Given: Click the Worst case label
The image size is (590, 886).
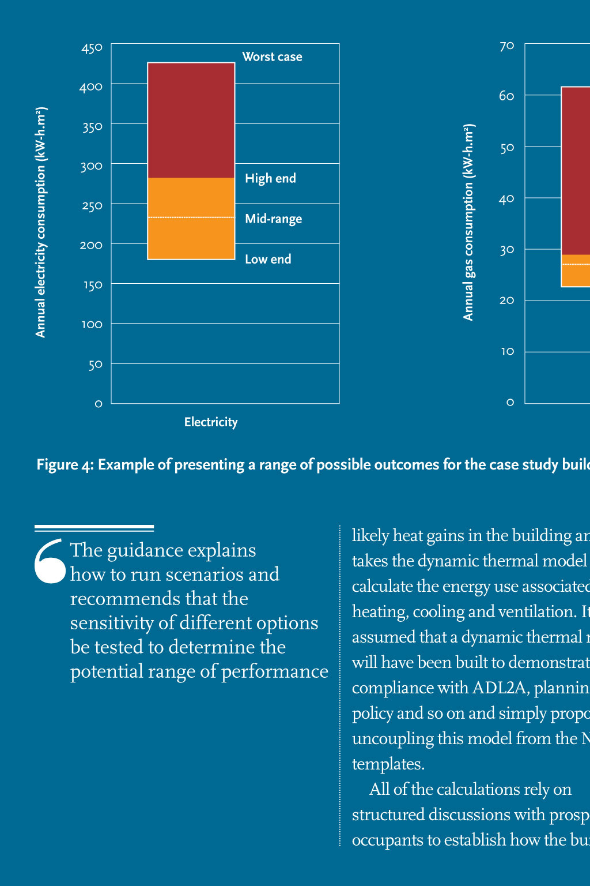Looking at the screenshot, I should pos(272,57).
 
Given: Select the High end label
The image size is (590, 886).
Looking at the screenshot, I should pos(270,178).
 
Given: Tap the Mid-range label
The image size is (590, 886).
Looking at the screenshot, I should pos(273,219).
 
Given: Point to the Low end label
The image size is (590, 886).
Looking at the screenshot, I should pos(268,259).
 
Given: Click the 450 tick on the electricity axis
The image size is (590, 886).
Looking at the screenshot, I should pos(92,48).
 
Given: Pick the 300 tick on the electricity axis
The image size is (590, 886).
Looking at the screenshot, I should pos(92,167).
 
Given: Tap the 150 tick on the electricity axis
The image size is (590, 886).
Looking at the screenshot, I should pos(92,285).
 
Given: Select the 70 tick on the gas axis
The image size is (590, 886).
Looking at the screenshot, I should pos(506,46).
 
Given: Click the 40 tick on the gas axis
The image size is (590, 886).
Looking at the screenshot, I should pos(506,199).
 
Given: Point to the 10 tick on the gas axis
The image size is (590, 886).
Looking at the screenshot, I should pos(507,351).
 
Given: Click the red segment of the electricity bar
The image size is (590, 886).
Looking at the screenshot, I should pos(191,120).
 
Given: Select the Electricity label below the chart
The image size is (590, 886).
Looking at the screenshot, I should pos(211,422).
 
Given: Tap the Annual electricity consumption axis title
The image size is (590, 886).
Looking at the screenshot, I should pos(40,222).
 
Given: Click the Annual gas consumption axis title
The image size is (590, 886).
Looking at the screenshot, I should pos(468,222).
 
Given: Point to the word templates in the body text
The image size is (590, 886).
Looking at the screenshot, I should pos(388,764).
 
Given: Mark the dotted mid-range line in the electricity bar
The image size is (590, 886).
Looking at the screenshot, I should pos(191,217).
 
